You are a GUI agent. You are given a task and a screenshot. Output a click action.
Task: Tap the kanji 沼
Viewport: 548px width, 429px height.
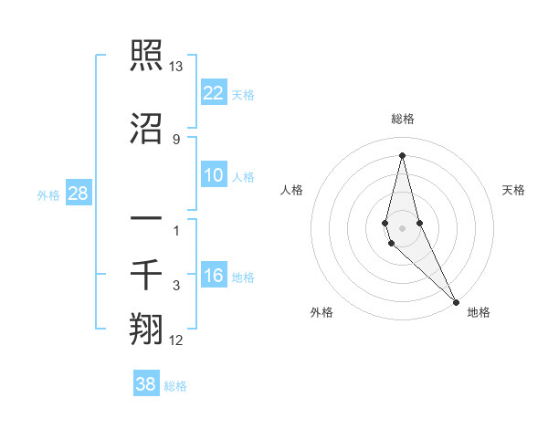click(146, 130)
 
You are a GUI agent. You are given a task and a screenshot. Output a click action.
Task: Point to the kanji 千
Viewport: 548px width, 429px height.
click(146, 273)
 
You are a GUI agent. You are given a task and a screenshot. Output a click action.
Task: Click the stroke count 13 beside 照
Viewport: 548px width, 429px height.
click(176, 68)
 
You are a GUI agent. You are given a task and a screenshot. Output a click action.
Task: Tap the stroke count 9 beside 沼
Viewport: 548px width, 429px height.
click(176, 139)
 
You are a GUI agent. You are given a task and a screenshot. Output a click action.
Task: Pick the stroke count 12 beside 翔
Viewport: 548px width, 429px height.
click(176, 341)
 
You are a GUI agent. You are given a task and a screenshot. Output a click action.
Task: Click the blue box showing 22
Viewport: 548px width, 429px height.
click(214, 92)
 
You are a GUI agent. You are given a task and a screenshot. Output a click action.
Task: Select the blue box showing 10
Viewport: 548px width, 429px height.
click(214, 176)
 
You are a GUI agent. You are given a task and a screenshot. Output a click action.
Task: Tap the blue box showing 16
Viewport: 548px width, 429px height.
click(214, 277)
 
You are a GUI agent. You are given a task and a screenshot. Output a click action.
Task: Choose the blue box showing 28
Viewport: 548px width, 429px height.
click(79, 194)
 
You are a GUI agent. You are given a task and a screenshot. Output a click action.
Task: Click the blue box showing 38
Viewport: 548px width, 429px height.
click(146, 384)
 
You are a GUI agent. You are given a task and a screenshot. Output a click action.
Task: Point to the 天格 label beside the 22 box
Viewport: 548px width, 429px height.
click(243, 94)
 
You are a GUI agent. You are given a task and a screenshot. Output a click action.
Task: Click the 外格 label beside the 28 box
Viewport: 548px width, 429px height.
click(49, 194)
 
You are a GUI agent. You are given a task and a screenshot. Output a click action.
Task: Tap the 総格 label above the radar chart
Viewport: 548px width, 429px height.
click(402, 119)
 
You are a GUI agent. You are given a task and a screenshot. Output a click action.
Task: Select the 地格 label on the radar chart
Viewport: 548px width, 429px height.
click(479, 312)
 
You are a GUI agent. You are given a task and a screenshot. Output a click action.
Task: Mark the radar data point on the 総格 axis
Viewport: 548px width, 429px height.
click(402, 155)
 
